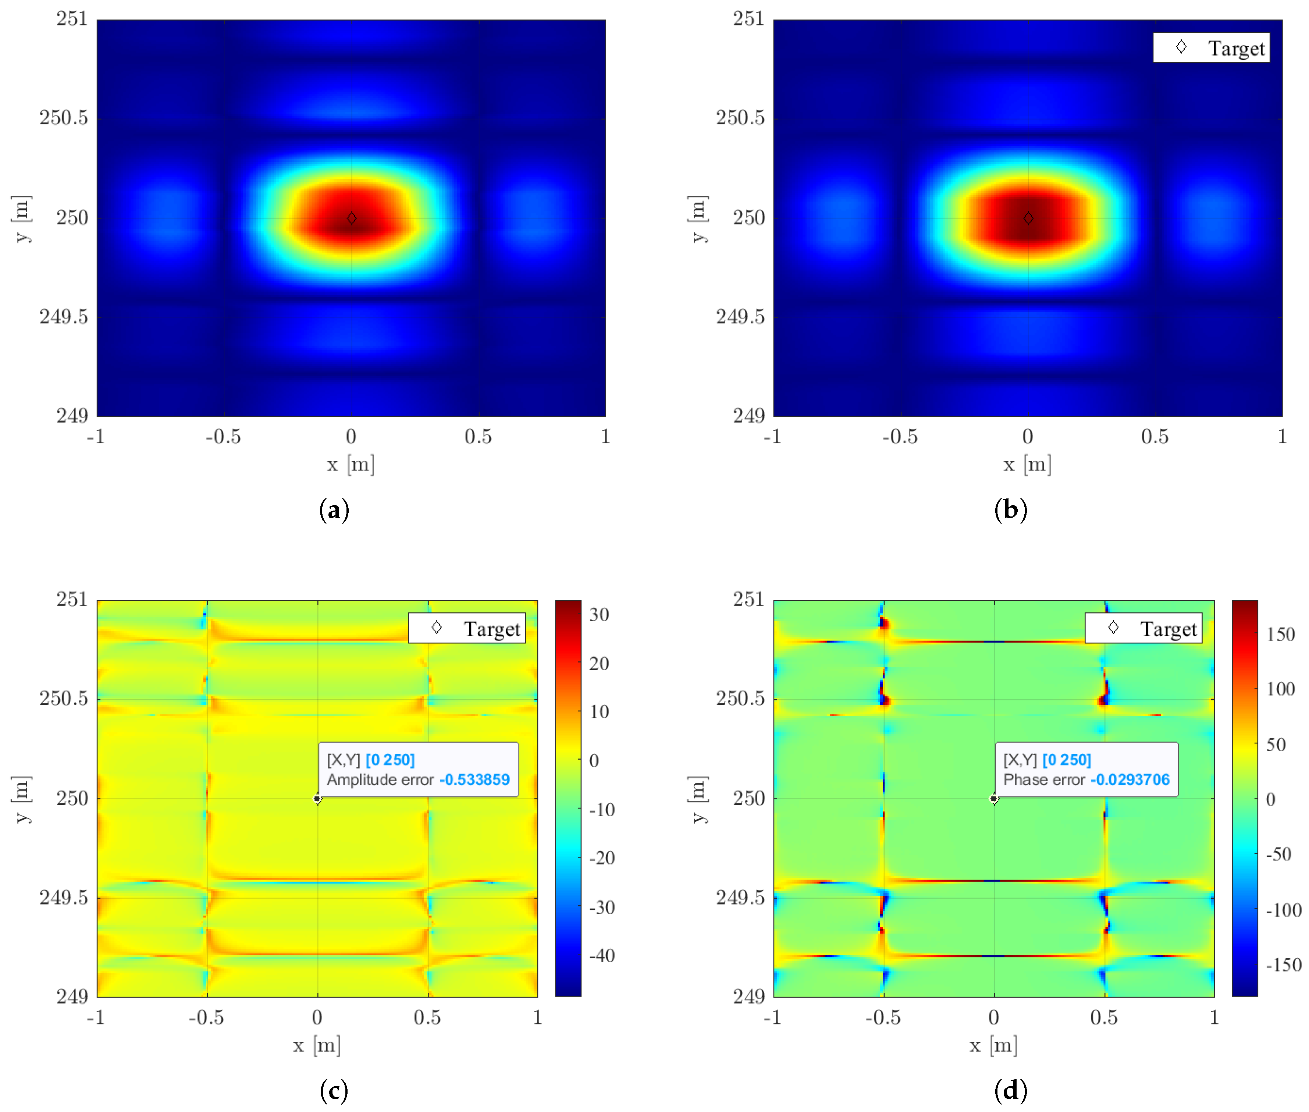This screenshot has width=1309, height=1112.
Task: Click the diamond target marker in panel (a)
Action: (352, 218)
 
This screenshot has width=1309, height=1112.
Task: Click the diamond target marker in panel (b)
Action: (1028, 218)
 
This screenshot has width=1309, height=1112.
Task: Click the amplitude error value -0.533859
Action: (474, 780)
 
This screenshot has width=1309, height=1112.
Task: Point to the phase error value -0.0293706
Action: (1130, 780)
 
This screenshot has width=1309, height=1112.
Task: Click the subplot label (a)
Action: (334, 509)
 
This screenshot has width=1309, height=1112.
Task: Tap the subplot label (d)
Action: (1010, 1090)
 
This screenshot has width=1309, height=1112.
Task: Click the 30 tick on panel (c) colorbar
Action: (599, 615)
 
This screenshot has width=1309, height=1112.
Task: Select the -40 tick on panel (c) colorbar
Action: (602, 956)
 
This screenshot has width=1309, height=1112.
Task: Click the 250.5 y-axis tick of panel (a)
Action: (64, 118)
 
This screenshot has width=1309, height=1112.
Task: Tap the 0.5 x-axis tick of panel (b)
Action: (1155, 437)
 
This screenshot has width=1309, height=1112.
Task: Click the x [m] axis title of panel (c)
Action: (316, 1045)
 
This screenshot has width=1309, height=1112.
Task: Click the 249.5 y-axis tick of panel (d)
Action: (740, 898)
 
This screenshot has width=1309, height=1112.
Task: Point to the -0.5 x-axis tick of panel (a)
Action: (223, 437)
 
